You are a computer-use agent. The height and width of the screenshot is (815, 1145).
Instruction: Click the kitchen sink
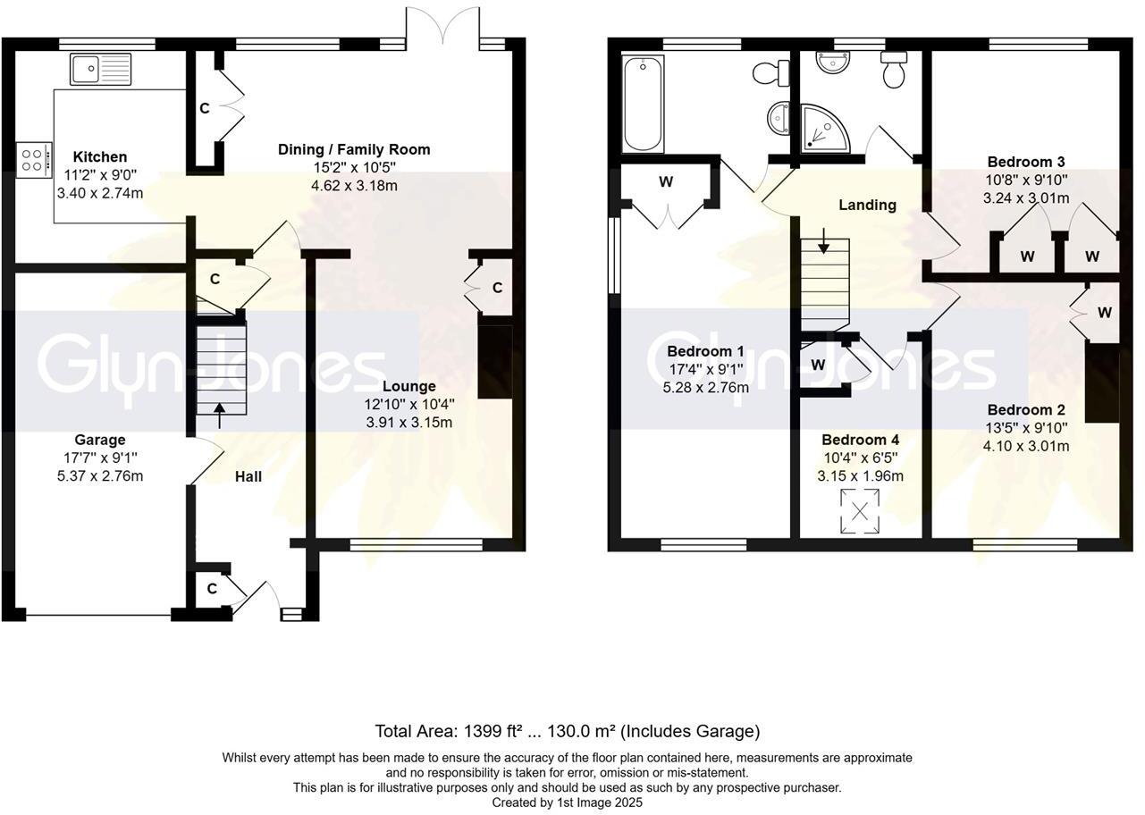(x=101, y=68)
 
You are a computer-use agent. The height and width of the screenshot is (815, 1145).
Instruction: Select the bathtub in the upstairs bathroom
(x=642, y=104)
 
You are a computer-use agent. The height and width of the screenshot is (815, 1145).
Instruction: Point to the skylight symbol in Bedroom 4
(x=859, y=512)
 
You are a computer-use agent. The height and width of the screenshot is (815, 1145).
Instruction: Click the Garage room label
(x=99, y=440)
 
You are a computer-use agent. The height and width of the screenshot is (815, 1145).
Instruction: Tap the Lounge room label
(x=408, y=386)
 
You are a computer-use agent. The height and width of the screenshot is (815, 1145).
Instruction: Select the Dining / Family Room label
(x=354, y=149)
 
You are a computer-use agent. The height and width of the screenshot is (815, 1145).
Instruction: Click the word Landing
(x=867, y=205)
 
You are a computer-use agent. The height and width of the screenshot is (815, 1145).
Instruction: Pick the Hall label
(x=248, y=476)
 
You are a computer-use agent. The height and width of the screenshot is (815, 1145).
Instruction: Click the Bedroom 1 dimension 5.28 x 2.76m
(x=707, y=387)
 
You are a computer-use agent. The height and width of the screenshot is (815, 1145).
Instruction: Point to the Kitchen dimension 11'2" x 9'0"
(x=99, y=175)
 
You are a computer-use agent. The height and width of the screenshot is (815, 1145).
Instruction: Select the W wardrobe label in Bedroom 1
(x=666, y=182)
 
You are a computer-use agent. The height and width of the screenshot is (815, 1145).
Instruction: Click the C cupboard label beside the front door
(x=212, y=589)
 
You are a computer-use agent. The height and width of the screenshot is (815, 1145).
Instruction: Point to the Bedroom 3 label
(x=1025, y=162)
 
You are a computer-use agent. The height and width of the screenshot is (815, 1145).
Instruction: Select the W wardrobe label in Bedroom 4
(x=818, y=365)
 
